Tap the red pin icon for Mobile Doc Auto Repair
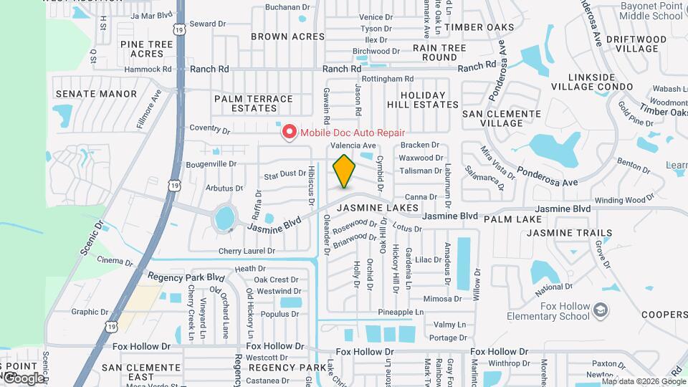[290, 133]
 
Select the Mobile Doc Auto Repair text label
[352, 133]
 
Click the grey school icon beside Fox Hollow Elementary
[601, 310]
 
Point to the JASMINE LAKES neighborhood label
[377, 208]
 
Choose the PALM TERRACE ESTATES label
[254, 103]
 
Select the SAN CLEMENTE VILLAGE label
[501, 118]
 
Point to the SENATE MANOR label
[96, 94]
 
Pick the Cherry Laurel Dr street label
[247, 252]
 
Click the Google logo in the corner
[23, 378]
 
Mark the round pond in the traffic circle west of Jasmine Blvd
[225, 216]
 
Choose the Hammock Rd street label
[148, 70]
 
